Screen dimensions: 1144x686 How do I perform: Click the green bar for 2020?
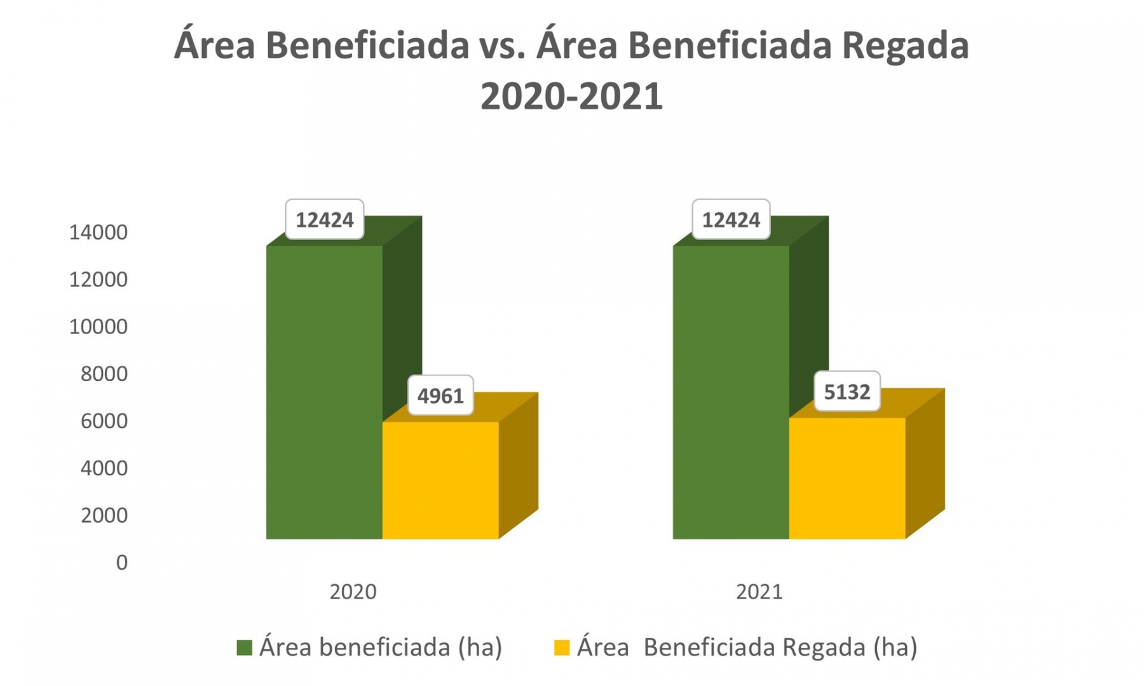tap(325, 392)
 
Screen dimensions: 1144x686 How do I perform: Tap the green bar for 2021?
tap(732, 392)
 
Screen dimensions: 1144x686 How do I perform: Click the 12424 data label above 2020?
tap(325, 220)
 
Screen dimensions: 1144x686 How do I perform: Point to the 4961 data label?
tap(440, 396)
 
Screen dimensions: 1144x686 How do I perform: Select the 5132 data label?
tap(847, 392)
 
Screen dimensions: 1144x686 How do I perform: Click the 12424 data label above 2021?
tap(731, 220)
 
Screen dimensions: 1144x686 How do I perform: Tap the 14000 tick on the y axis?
tap(99, 232)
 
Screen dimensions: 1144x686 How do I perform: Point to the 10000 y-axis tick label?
tap(99, 326)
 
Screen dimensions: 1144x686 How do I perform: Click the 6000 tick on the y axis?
tap(104, 421)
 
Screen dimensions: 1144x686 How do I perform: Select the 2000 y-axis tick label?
tap(104, 515)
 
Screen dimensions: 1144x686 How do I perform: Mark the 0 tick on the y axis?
tap(122, 562)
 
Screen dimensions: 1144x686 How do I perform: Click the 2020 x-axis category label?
tap(353, 592)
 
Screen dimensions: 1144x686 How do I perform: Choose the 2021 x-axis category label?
tap(759, 592)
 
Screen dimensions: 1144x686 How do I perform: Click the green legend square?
tap(244, 648)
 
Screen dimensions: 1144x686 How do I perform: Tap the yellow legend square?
tap(562, 648)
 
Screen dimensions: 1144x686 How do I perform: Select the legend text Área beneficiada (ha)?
tap(381, 647)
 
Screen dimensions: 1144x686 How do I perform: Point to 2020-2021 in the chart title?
tap(572, 97)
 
